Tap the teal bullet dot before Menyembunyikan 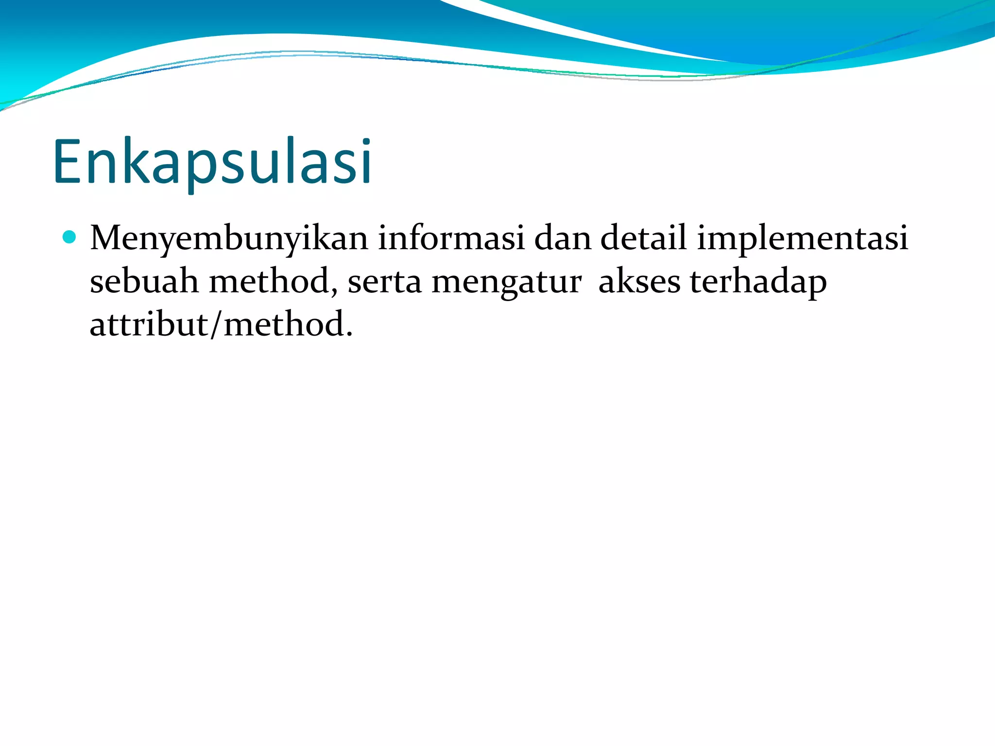[x=69, y=237]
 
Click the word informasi [x=451, y=238]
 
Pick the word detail [x=643, y=238]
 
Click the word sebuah [x=144, y=281]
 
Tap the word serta [x=384, y=282]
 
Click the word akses [x=639, y=282]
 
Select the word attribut [x=149, y=324]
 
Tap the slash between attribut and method [x=217, y=325]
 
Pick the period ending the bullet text [x=349, y=335]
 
